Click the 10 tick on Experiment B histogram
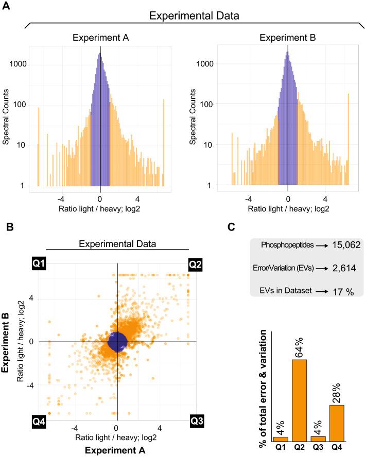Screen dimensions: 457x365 tap(210, 145)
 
